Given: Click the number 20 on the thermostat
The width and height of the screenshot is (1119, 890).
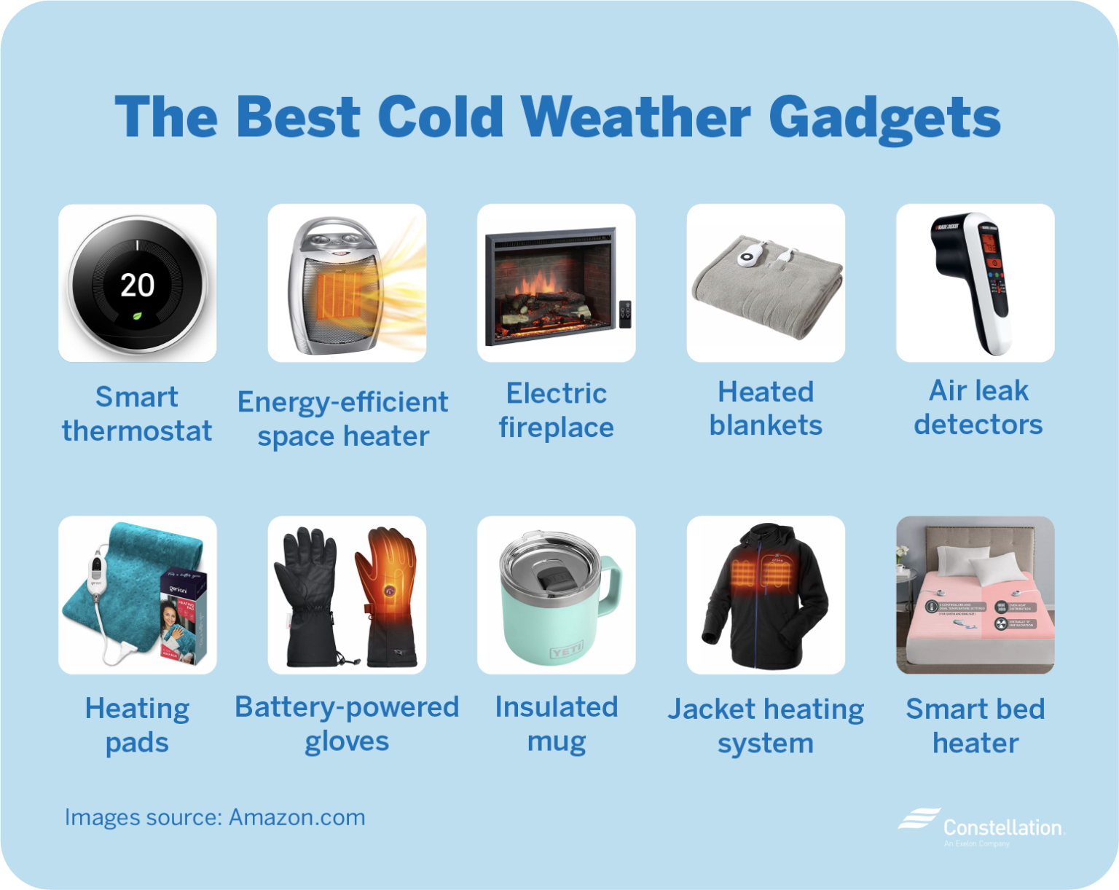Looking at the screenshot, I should [137, 285].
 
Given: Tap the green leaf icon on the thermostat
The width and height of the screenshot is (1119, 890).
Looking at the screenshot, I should [137, 316].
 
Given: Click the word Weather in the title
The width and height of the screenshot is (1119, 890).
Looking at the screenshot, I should [635, 117].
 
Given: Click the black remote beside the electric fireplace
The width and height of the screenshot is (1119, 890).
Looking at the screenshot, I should [625, 313].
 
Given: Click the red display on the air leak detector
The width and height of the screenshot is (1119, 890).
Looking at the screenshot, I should [990, 245].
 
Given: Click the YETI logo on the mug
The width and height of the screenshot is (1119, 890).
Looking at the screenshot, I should [566, 650].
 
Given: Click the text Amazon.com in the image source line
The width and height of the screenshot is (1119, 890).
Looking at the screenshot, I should [297, 817].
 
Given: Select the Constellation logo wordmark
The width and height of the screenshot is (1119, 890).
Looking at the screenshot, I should [1002, 827].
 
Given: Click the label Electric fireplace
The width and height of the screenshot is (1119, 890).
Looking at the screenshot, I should [556, 410].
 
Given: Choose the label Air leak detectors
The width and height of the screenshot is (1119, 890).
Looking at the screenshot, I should [978, 407].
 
